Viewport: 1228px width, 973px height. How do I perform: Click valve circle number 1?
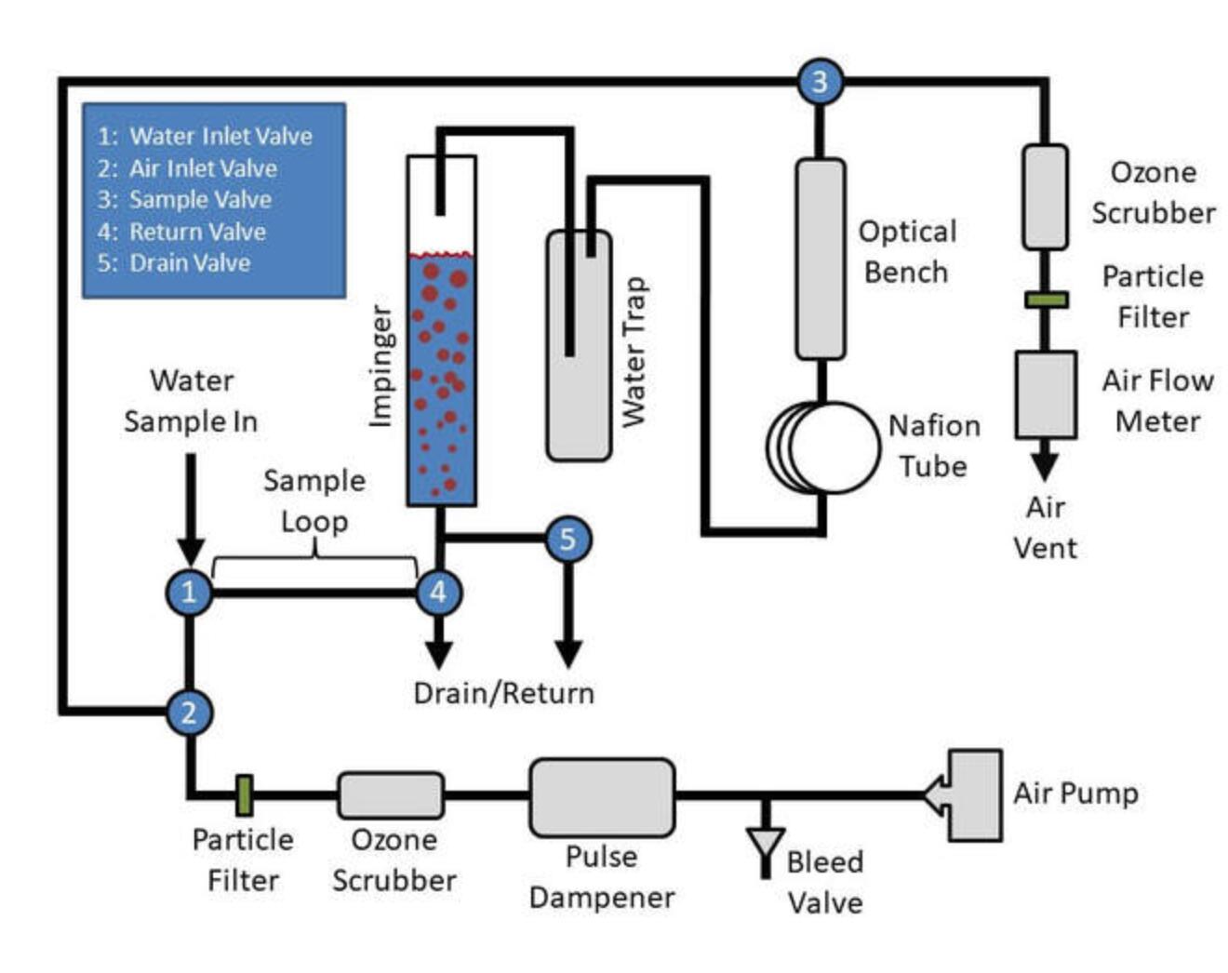(189, 593)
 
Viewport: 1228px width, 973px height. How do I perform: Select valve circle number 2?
(190, 713)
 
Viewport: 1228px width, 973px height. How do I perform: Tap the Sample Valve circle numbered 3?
(820, 82)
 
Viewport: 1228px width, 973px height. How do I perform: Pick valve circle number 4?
(438, 593)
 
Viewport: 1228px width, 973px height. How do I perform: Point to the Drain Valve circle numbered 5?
(567, 540)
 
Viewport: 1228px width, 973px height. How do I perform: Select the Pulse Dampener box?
(602, 797)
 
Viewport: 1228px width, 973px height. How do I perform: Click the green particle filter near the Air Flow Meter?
(1046, 300)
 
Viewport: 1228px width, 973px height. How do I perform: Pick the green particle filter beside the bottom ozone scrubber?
(244, 795)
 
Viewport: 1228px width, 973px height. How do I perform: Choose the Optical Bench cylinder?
(821, 259)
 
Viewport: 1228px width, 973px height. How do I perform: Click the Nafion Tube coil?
(825, 447)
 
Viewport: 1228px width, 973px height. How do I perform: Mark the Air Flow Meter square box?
(1046, 394)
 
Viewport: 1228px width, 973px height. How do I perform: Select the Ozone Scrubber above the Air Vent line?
(1045, 197)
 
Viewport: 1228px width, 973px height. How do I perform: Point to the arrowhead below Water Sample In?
(191, 551)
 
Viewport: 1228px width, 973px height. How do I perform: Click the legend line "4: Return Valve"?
(181, 231)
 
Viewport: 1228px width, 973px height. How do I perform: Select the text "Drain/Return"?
(503, 693)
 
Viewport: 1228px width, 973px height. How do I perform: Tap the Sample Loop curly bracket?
(314, 562)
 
